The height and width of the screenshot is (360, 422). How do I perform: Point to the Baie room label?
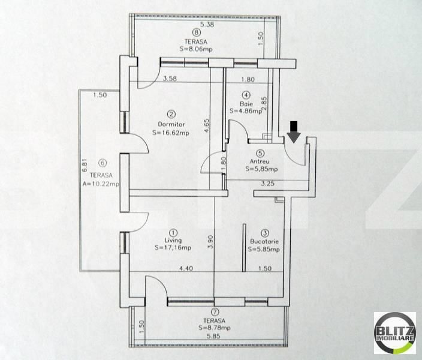pyautogui.click(x=246, y=103)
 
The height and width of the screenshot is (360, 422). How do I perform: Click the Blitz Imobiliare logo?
pyautogui.click(x=394, y=333)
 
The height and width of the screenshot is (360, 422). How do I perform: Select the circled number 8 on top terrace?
pyautogui.click(x=195, y=33)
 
